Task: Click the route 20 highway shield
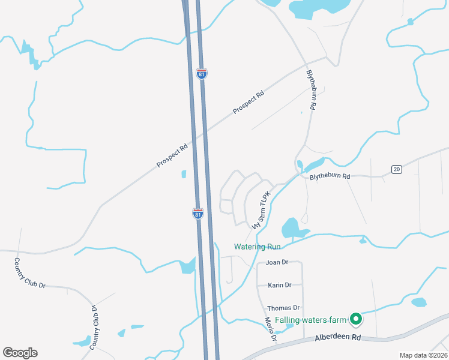coord(396,170)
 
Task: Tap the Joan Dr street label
coord(277,262)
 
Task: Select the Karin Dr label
coord(280,285)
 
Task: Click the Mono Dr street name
coord(270,330)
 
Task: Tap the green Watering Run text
coord(257,247)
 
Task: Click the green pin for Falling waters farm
coord(355,319)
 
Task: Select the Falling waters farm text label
coord(311,320)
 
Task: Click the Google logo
coord(20,353)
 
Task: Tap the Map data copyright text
coord(423,355)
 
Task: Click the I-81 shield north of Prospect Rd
coord(202,74)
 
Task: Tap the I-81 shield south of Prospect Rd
coord(197,214)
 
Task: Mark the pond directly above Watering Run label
coord(291,227)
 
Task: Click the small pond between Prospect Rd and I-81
coord(184,175)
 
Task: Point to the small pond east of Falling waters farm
coord(418,302)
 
